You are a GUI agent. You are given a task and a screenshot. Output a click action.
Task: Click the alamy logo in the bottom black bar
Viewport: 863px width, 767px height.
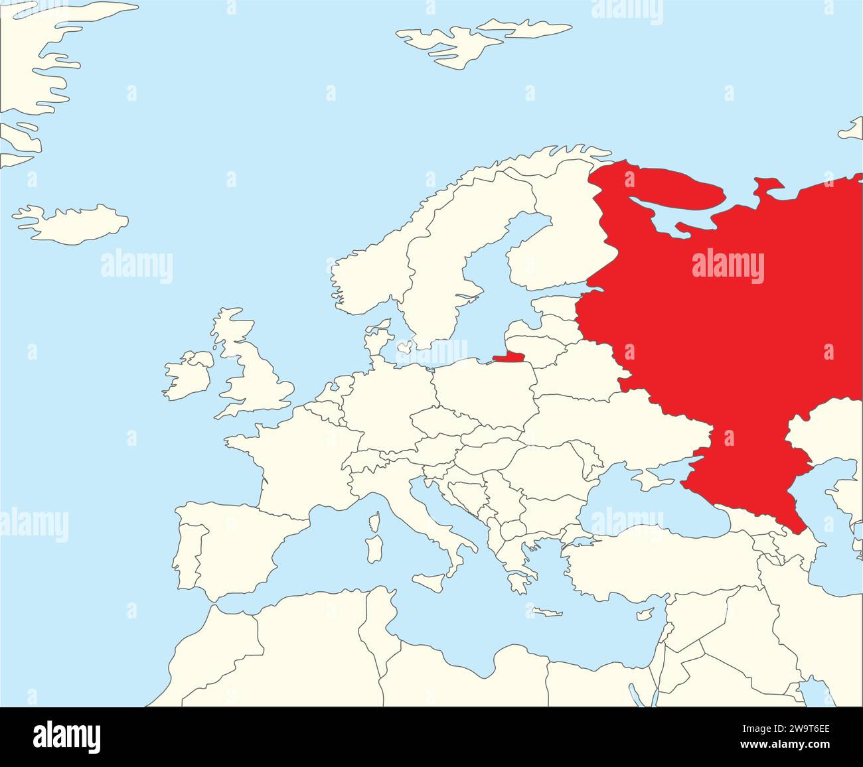pyautogui.click(x=66, y=736)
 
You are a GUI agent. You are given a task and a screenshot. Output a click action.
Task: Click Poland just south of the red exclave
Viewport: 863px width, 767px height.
pyautogui.click(x=485, y=391)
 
